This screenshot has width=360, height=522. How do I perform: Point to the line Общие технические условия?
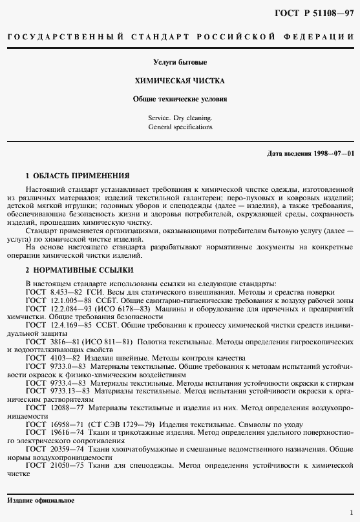[180, 100]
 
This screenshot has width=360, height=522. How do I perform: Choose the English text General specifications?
[180, 128]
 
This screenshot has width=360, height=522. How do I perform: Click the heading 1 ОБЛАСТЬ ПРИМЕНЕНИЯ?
[77, 176]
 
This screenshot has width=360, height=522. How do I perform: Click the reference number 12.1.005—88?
[71, 300]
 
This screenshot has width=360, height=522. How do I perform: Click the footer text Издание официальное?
[40, 501]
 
